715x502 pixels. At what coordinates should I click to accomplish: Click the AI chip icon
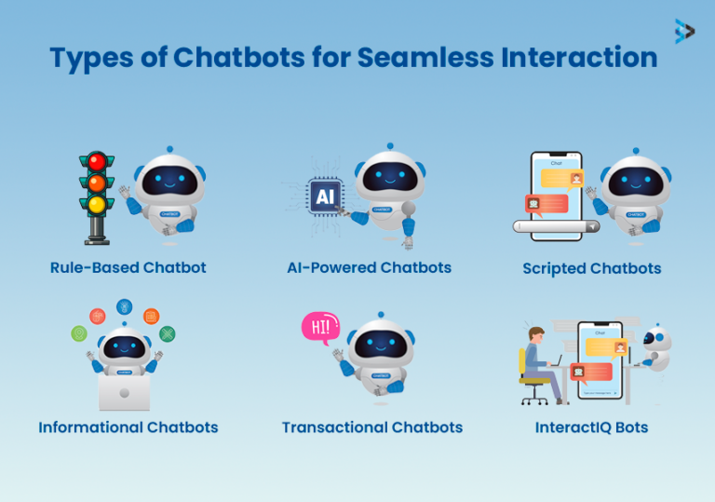pyautogui.click(x=325, y=197)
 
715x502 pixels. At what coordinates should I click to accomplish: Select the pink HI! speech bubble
pyautogui.click(x=319, y=328)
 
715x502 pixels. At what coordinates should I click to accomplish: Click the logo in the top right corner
pyautogui.click(x=684, y=32)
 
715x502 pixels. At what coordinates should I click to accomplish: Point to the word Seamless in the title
pyautogui.click(x=411, y=58)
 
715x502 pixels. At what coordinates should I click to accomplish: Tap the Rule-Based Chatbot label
pyautogui.click(x=128, y=268)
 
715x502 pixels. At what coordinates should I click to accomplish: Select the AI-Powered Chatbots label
pyautogui.click(x=369, y=268)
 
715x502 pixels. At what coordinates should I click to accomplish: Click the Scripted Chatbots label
pyautogui.click(x=592, y=269)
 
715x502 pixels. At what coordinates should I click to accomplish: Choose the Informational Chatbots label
pyautogui.click(x=128, y=427)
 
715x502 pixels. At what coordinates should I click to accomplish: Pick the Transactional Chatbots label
pyautogui.click(x=372, y=427)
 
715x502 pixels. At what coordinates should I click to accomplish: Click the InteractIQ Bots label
pyautogui.click(x=591, y=427)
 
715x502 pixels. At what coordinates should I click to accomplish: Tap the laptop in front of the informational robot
pyautogui.click(x=124, y=392)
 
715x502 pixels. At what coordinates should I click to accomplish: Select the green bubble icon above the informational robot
pyautogui.click(x=80, y=332)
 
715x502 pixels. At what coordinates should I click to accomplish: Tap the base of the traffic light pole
pyautogui.click(x=97, y=240)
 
